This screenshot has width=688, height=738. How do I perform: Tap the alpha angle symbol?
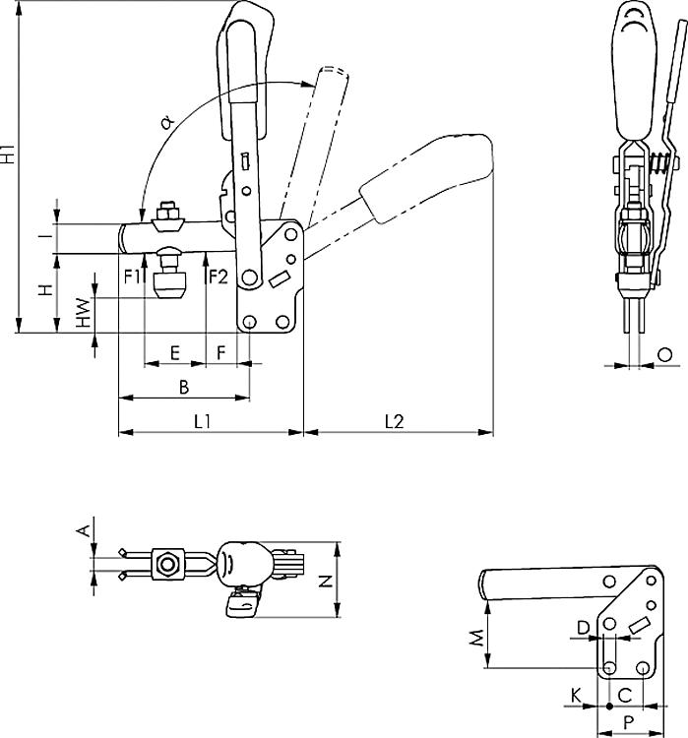[166, 122]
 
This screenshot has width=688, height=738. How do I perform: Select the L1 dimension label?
[203, 421]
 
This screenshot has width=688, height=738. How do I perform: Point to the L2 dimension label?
[395, 421]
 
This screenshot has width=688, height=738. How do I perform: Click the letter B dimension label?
[184, 387]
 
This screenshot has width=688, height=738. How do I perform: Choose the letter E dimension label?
[175, 352]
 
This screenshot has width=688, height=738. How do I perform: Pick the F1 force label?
[132, 277]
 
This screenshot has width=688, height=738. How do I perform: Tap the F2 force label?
[218, 277]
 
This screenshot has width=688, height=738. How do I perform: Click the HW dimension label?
[84, 313]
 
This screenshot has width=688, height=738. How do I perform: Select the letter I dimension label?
[45, 235]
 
